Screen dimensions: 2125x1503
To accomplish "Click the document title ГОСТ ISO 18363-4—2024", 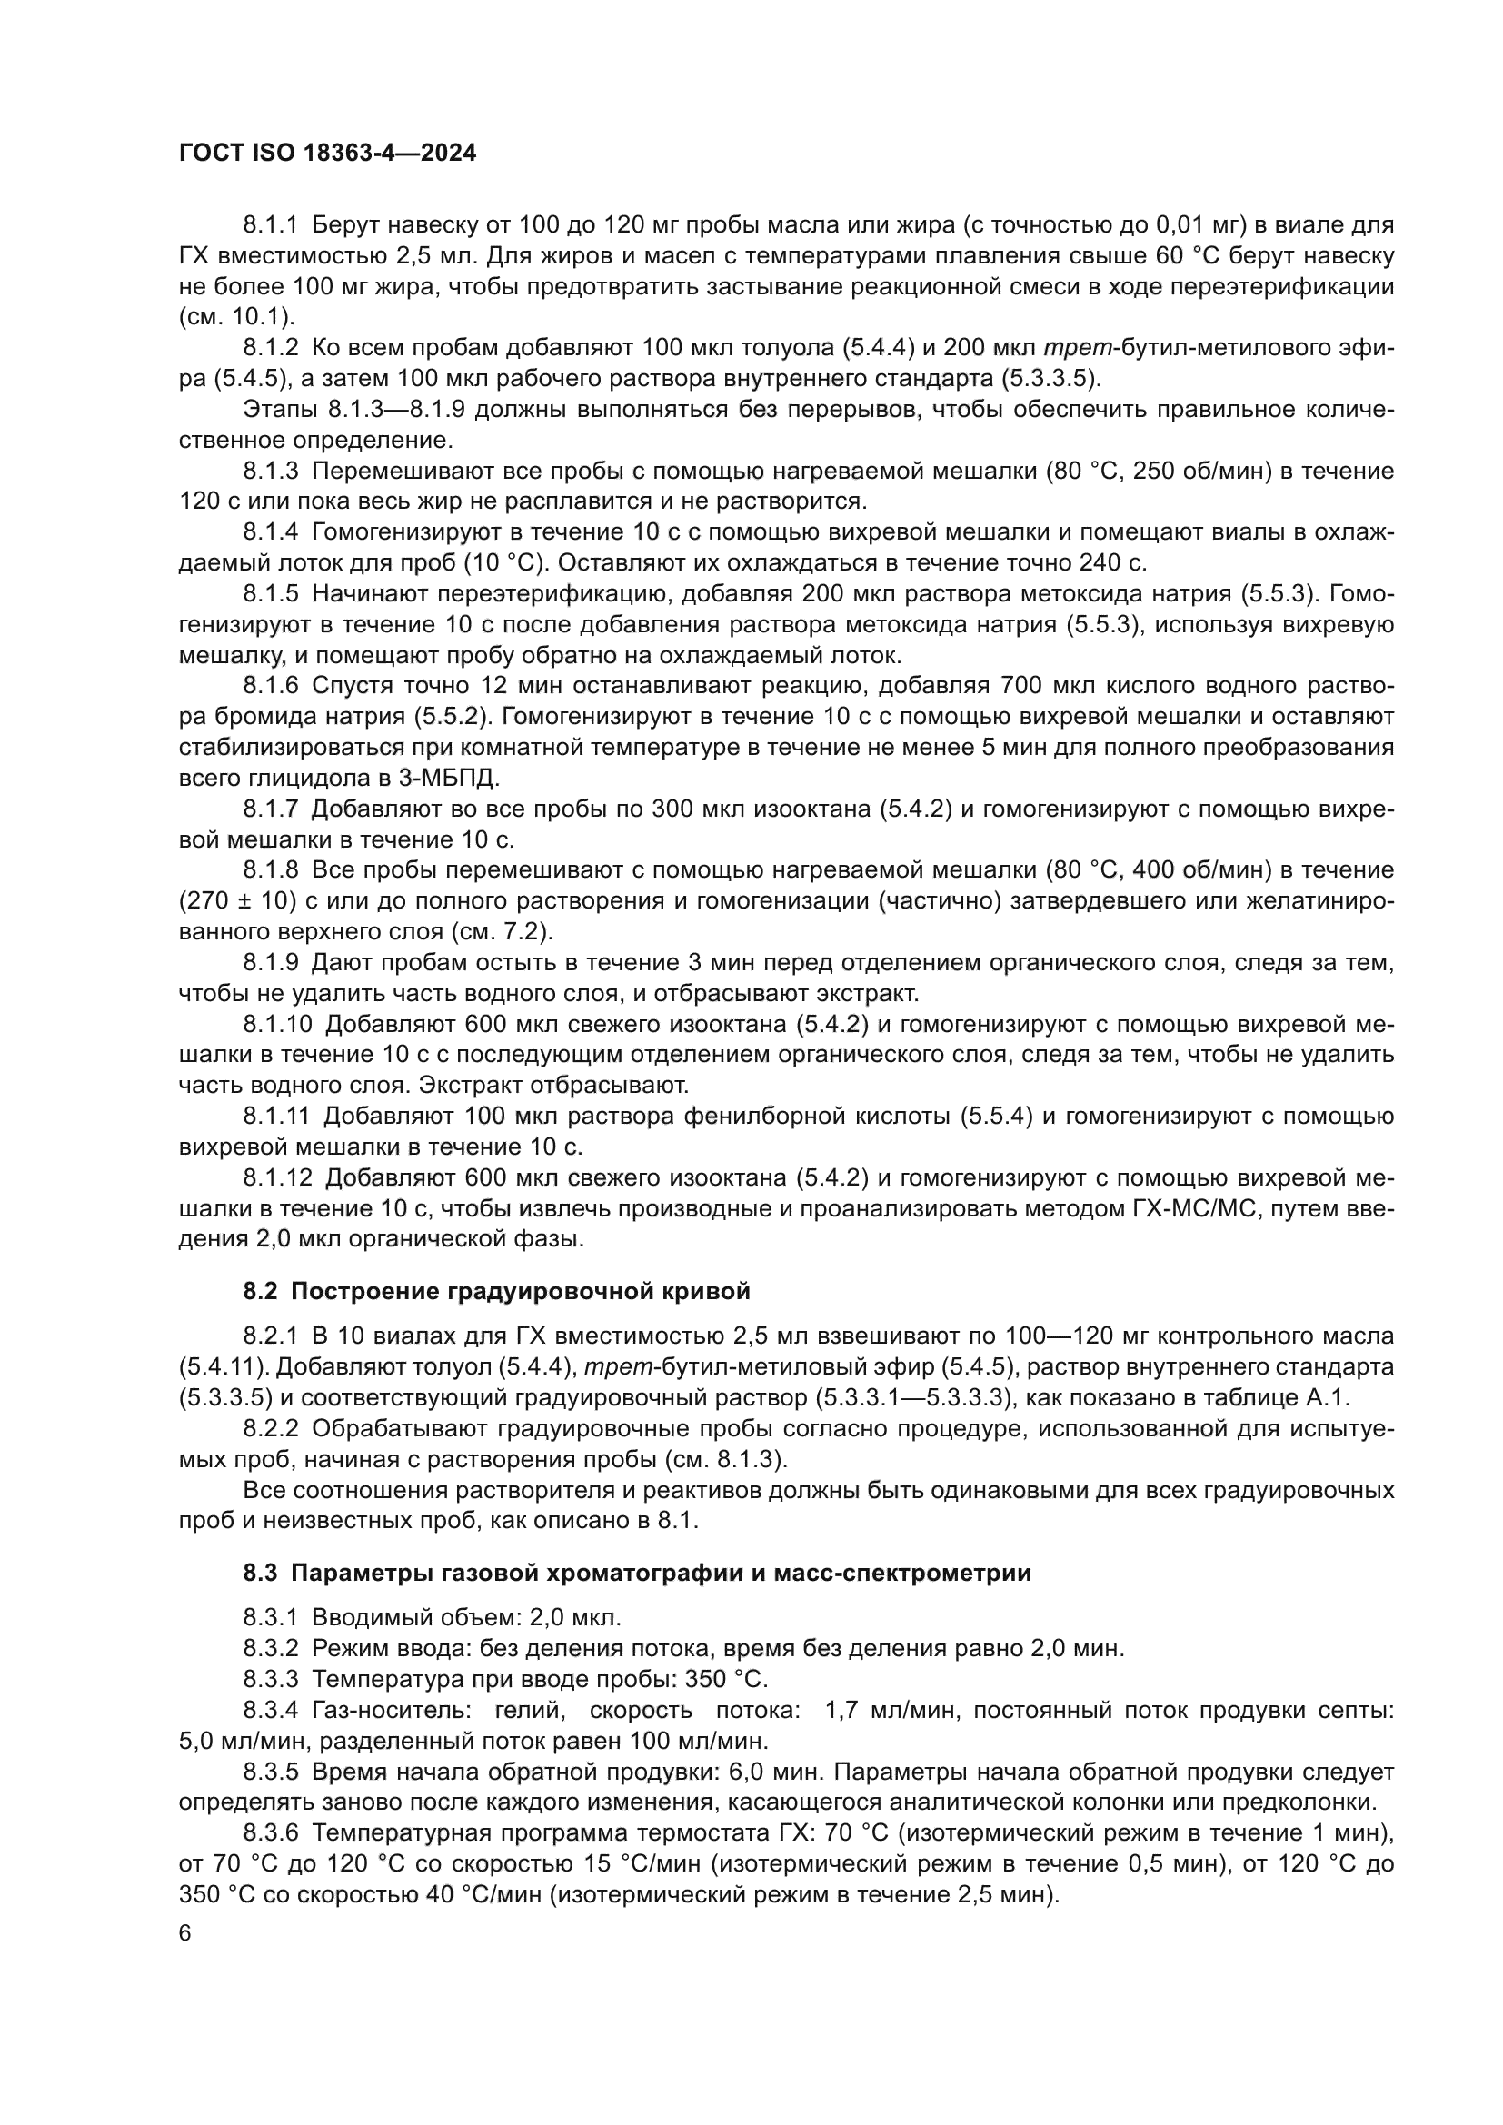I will click(x=327, y=154).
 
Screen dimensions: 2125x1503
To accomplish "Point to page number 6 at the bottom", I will click(x=185, y=1933).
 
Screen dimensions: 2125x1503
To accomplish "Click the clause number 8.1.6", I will click(x=270, y=686).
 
